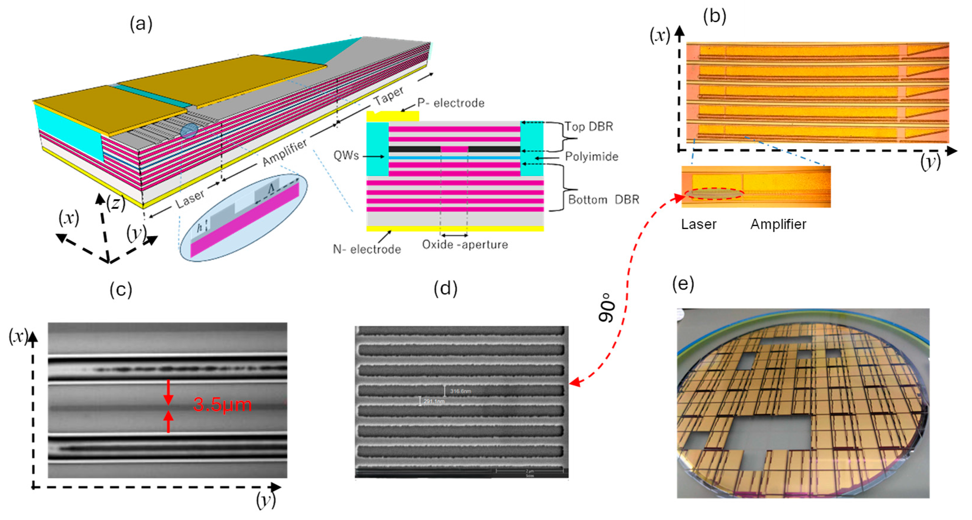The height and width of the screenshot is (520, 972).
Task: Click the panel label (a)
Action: tap(141, 24)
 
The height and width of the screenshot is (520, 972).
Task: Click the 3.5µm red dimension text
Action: tap(222, 405)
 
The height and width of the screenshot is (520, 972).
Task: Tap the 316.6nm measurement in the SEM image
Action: tap(460, 391)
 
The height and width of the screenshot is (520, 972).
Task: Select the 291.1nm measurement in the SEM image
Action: tap(434, 401)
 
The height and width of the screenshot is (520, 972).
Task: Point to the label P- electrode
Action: tap(450, 103)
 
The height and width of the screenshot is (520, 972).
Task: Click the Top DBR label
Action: tap(589, 126)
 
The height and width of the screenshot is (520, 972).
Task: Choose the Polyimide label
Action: tap(591, 157)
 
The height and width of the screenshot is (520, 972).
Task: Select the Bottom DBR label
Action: tap(603, 199)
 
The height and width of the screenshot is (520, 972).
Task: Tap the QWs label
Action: tap(346, 155)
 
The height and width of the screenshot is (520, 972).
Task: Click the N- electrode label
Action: tap(367, 249)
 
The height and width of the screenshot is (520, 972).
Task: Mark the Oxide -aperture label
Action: tap(465, 244)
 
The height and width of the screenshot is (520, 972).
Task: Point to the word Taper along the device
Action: tap(389, 96)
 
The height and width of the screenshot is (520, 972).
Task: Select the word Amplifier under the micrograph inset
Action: tap(778, 224)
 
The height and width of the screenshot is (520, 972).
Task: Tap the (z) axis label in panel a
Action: tap(115, 203)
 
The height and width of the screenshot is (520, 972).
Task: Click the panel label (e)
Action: tap(683, 284)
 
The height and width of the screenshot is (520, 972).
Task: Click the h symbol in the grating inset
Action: tap(200, 227)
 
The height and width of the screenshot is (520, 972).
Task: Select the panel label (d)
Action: tap(445, 289)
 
